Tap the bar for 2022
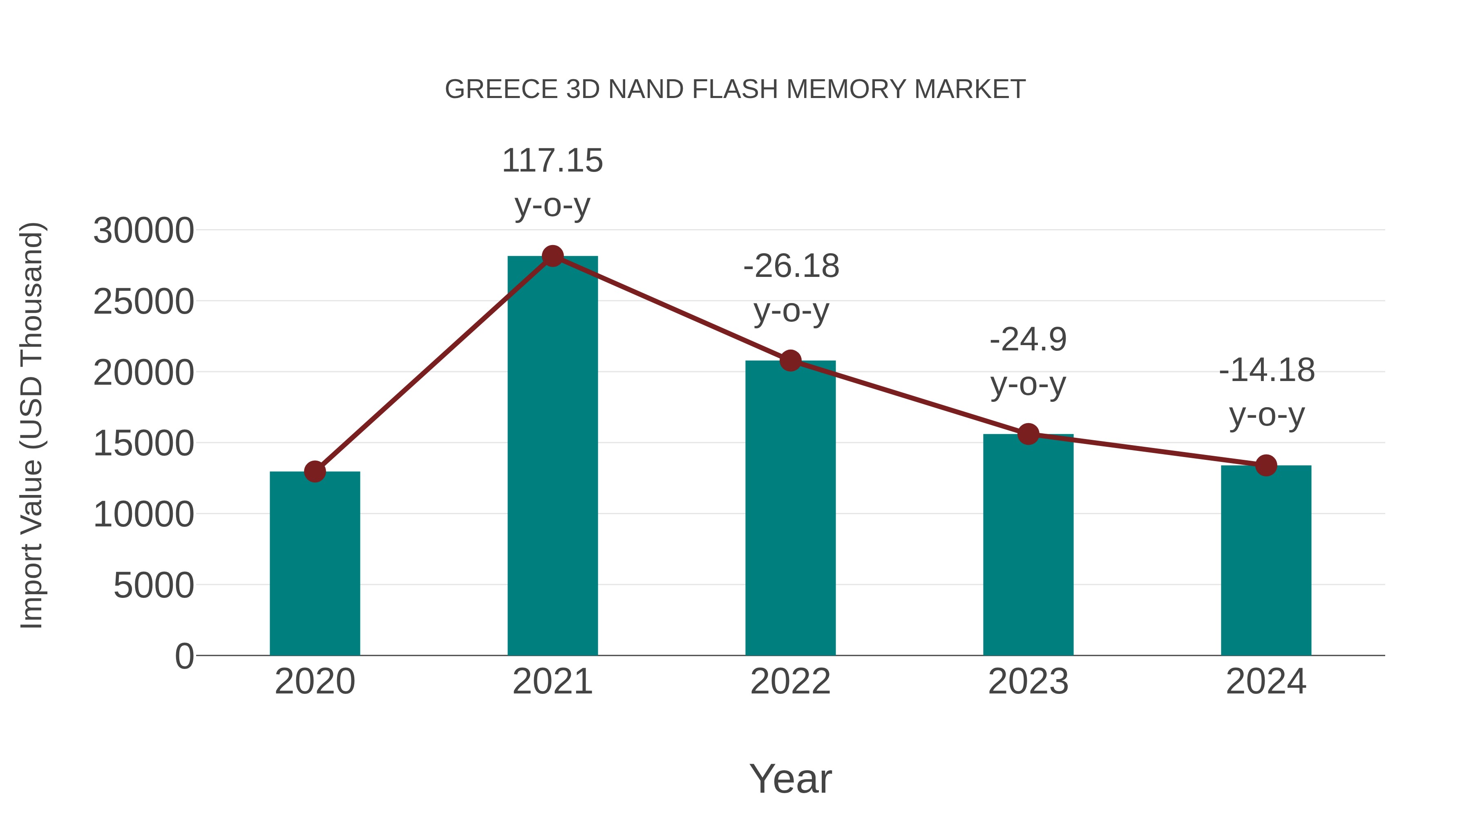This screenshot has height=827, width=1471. pos(790,508)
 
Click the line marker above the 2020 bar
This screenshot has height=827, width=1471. pos(315,471)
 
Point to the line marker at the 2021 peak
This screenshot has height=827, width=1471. pos(552,256)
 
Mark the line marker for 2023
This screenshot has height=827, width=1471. pos(1028,435)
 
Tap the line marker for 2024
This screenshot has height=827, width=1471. pos(1266,466)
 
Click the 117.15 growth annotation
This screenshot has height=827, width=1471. pos(552,160)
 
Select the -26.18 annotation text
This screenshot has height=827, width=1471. pos(791,267)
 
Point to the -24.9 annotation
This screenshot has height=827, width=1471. pos(1028,340)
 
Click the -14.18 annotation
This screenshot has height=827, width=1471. pos(1267,370)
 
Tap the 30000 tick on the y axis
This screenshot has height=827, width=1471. pos(143,231)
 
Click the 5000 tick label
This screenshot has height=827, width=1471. pos(154,586)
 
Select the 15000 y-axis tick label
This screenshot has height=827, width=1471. pos(143,444)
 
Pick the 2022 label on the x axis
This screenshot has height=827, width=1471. pos(790,682)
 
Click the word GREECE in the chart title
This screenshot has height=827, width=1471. pos(501,89)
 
